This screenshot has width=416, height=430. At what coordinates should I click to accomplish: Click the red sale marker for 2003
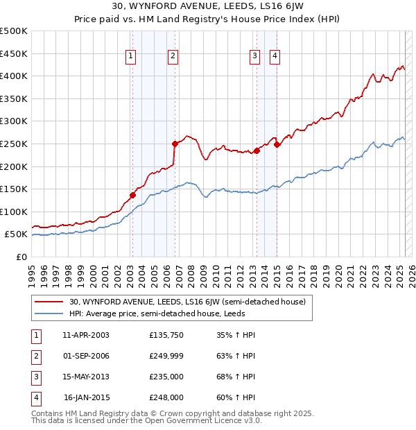[132, 196]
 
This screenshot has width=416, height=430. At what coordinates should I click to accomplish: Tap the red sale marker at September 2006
[175, 144]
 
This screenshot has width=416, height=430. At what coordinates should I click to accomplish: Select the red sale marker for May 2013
[257, 150]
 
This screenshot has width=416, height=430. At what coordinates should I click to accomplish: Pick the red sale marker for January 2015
[277, 144]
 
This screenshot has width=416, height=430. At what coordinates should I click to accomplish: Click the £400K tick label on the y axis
[14, 76]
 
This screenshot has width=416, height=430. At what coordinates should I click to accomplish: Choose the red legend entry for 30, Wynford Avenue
[191, 302]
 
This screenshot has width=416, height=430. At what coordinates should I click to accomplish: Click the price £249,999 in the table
[166, 356]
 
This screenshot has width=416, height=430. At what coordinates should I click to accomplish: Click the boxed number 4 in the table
[35, 398]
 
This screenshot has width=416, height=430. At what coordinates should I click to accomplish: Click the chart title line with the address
[207, 8]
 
